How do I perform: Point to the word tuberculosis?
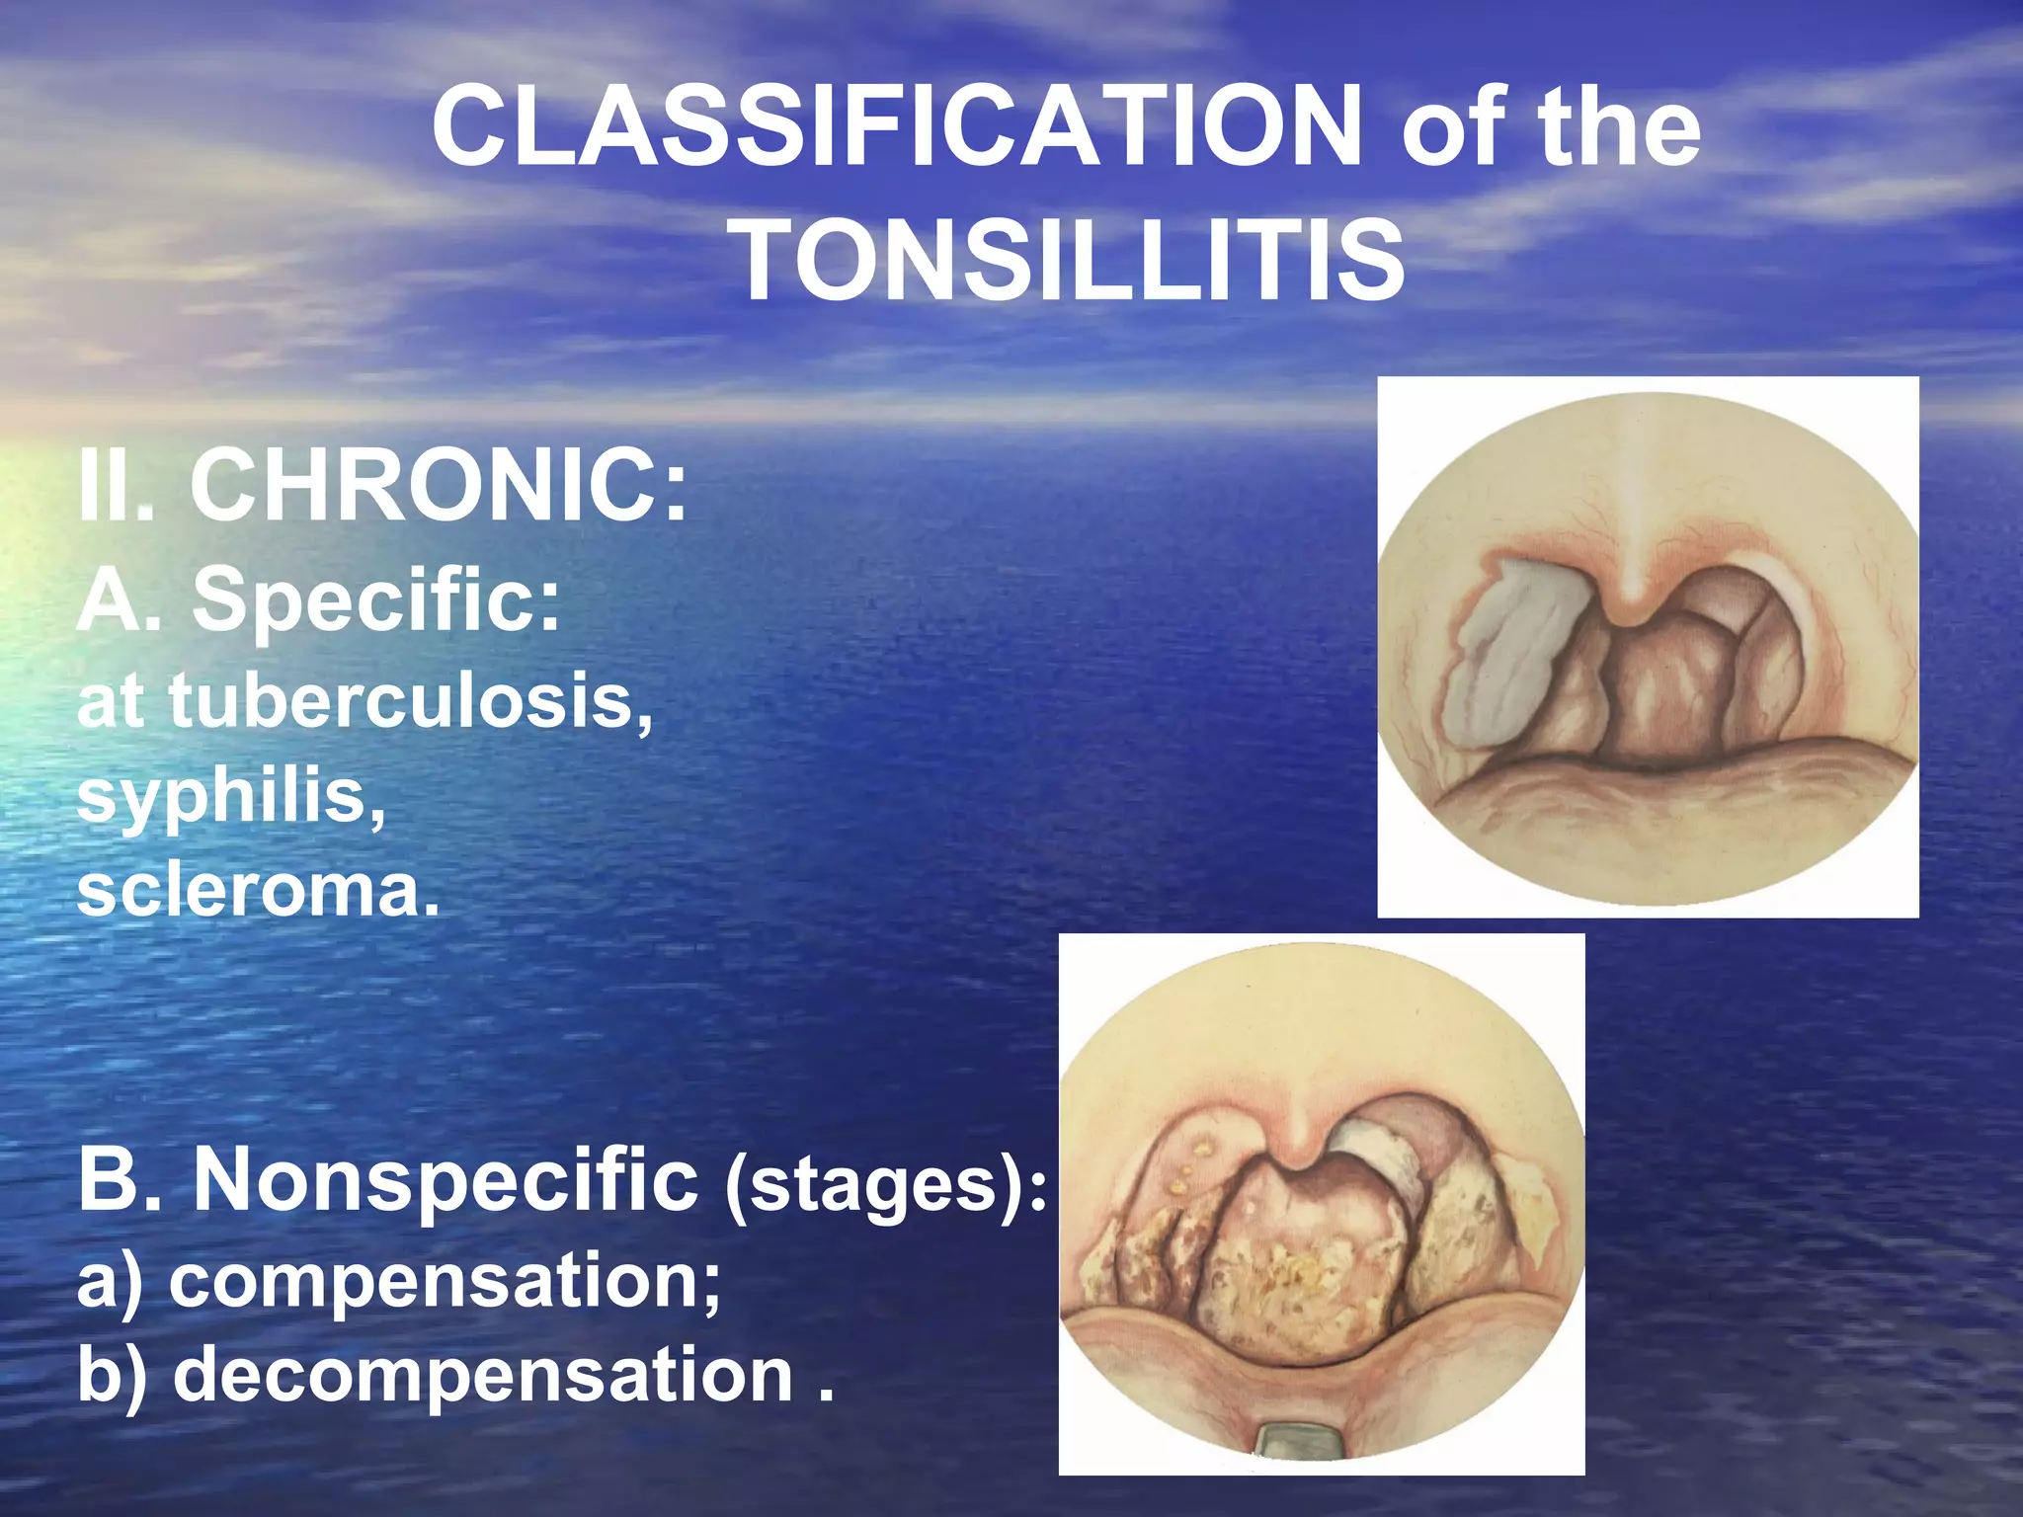pos(410,700)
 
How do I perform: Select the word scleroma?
pos(257,890)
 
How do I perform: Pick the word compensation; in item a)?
pos(445,1280)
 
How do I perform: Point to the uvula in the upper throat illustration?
pos(1632,593)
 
